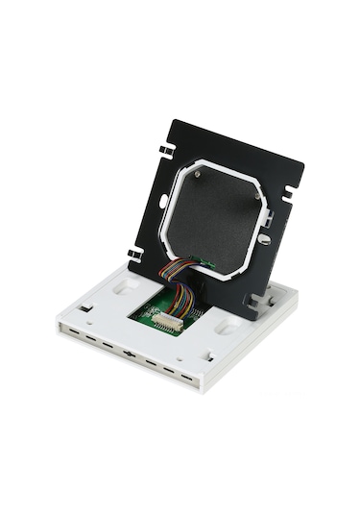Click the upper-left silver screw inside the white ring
click(197, 175)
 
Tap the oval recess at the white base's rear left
click(122, 285)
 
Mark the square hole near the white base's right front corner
click(207, 357)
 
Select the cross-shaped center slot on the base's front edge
click(129, 353)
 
